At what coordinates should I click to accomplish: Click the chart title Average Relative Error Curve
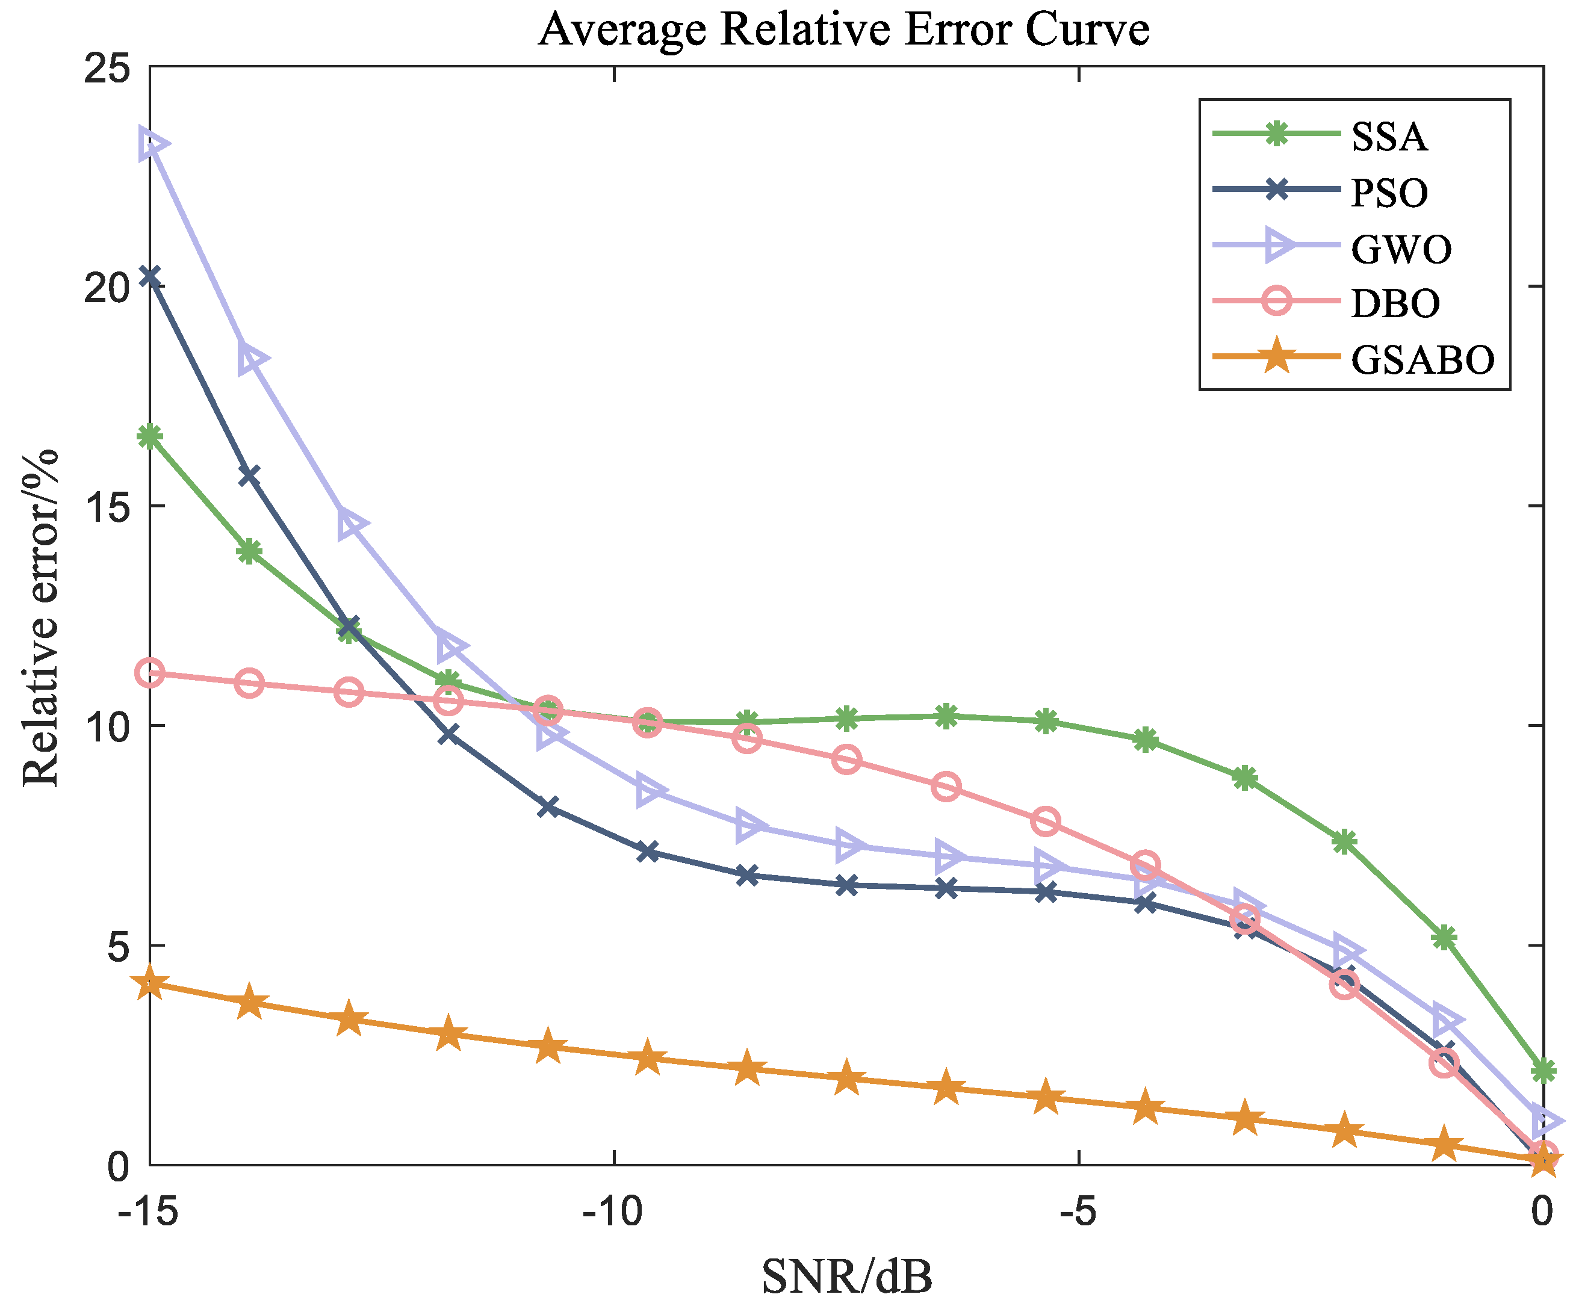click(843, 30)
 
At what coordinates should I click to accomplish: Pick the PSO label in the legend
click(1389, 193)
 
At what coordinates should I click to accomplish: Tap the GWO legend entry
click(1401, 249)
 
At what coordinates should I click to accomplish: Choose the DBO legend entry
click(1395, 303)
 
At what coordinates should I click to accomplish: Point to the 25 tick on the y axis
click(107, 69)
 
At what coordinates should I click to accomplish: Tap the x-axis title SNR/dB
click(846, 1277)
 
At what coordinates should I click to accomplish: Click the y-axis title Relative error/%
click(40, 618)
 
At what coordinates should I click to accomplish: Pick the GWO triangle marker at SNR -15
click(153, 144)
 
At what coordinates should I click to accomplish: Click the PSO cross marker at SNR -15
click(150, 277)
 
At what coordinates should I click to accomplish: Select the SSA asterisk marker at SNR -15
click(150, 436)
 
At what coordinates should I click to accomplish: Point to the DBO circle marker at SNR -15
click(150, 673)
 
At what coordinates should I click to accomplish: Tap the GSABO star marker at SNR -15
click(150, 983)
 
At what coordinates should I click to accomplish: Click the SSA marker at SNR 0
click(1543, 1071)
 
